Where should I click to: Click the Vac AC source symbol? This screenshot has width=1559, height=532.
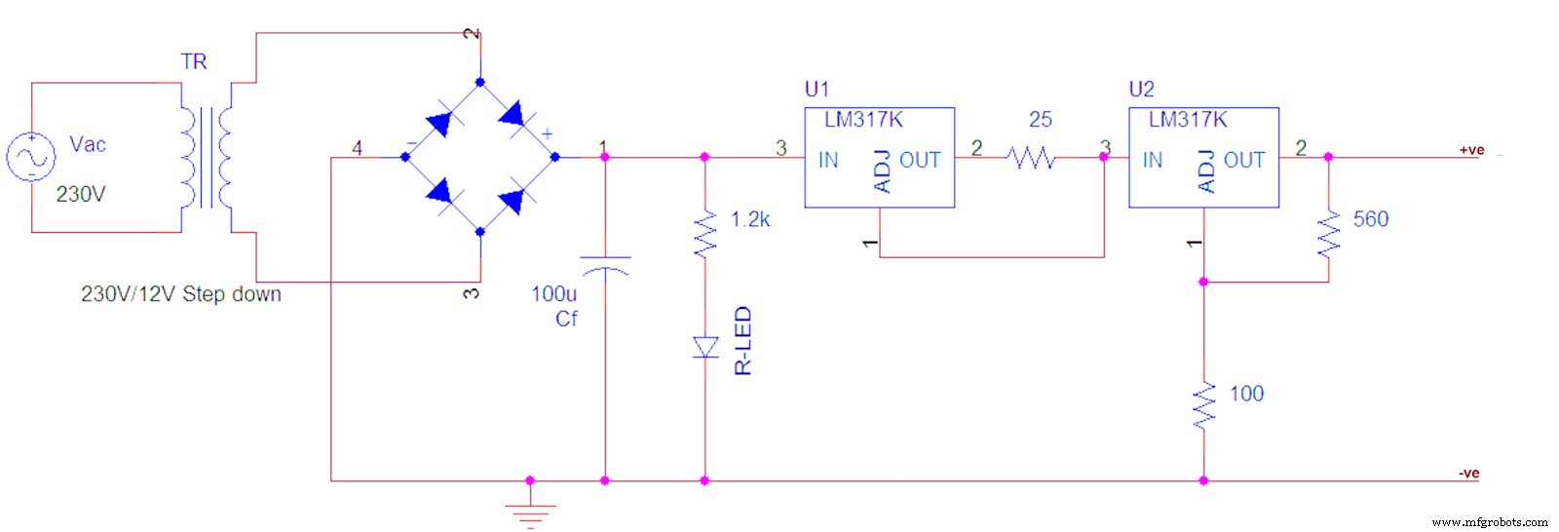coord(31,157)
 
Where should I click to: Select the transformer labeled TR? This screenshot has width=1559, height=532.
coord(206,157)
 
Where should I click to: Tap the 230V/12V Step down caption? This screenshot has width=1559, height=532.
coord(181,294)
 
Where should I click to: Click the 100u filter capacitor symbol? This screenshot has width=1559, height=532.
coord(604,266)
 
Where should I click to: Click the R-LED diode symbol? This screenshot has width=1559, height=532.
coord(704,347)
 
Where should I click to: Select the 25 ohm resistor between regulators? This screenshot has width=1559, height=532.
coord(1031,157)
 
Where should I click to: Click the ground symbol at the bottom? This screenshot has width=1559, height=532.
coord(530,513)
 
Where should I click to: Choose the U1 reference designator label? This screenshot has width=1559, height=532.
coord(817,90)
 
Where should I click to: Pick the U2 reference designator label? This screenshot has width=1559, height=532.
coord(1141,90)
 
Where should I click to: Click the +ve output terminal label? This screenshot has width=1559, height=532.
coord(1471,150)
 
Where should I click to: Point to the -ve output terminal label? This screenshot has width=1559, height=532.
coord(1469,474)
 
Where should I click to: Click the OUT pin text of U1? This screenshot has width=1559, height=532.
coord(920,161)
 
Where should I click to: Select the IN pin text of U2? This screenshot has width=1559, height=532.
coord(1153,161)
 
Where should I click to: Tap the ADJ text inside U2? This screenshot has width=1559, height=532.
coord(1206,171)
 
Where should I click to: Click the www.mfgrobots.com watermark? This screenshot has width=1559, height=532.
coord(1490,522)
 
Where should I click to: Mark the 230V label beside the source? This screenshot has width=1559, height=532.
coord(81,195)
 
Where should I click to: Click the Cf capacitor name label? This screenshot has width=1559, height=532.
coord(566,320)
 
